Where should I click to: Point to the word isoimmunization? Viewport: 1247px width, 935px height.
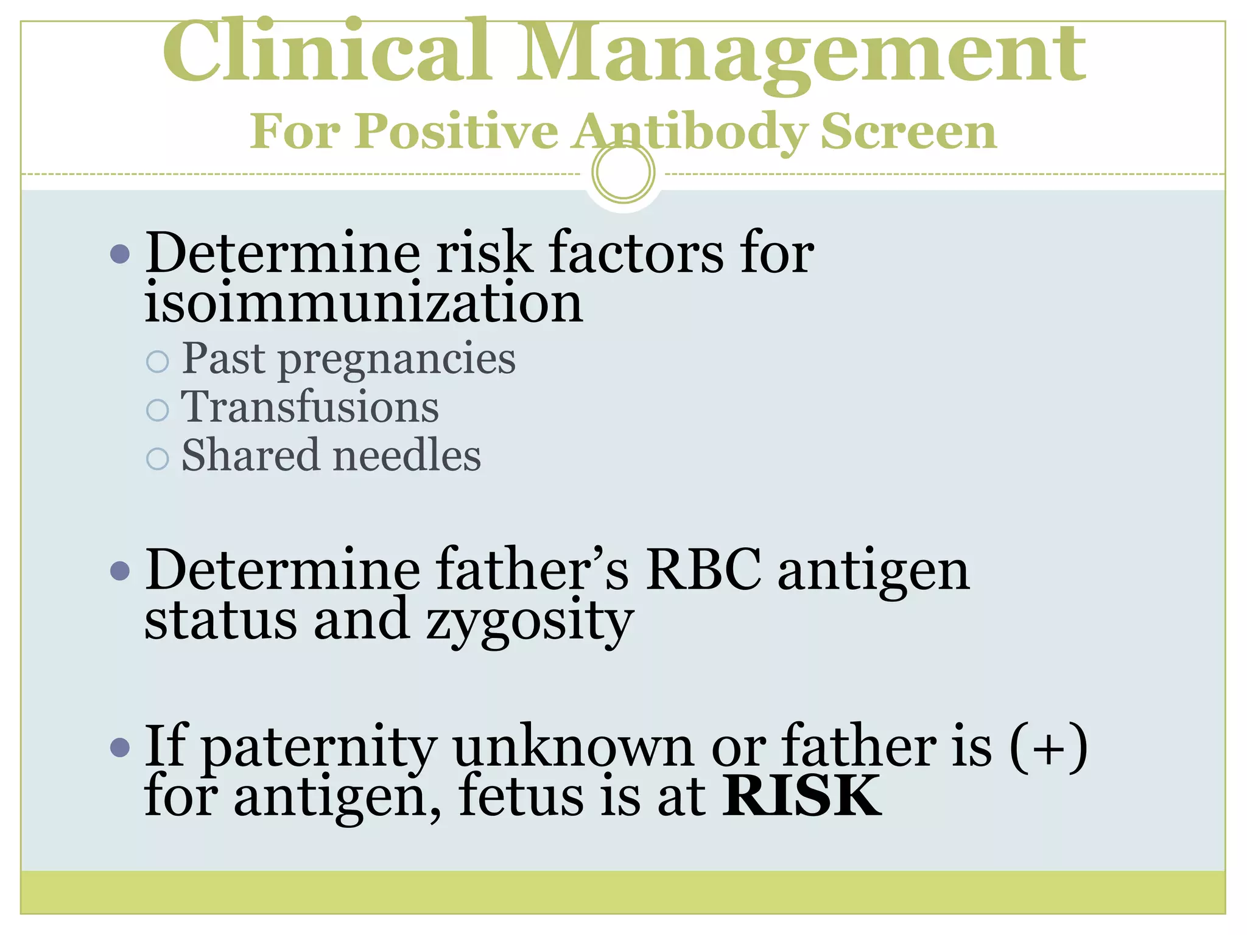tap(364, 303)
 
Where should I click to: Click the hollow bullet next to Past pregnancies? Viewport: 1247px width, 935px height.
tap(158, 361)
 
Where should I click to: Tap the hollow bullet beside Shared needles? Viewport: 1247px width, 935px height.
tap(158, 458)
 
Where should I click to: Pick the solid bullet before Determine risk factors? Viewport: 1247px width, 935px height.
tap(121, 253)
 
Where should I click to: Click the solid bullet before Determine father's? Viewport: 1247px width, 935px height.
tap(121, 571)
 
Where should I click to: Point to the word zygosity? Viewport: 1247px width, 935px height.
tap(530, 621)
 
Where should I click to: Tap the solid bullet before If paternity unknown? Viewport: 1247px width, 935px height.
tap(121, 747)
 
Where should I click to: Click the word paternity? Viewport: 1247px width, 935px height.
tap(319, 749)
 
